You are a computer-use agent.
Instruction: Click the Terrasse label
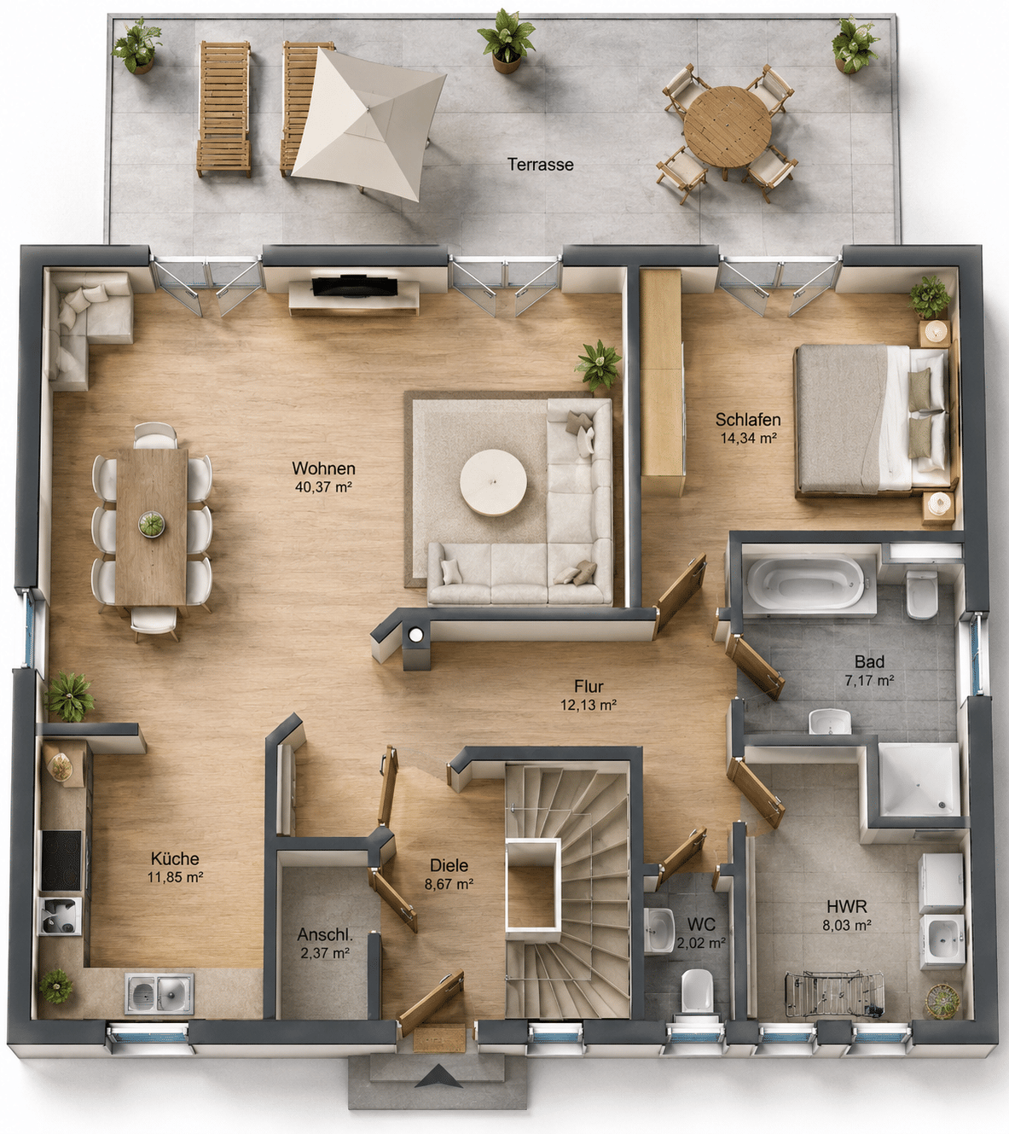540,165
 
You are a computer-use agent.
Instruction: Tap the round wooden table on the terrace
727,126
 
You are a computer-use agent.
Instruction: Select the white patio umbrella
368,125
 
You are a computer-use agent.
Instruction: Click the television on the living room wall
355,286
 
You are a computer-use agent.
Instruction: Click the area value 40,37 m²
323,487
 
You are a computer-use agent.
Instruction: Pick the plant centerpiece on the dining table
151,525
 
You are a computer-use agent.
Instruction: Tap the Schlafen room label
748,419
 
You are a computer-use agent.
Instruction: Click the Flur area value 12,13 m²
589,706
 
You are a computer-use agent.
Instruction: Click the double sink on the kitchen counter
159,993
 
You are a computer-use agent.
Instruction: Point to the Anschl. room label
325,933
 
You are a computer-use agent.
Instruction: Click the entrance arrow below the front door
438,1076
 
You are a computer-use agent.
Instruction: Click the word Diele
449,865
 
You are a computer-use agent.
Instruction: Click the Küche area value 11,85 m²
175,877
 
